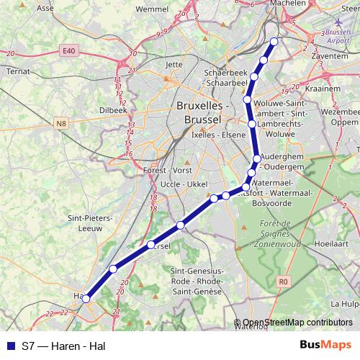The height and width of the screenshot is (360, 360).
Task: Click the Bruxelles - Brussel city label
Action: click(x=202, y=111)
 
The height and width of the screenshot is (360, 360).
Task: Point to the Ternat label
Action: click(x=17, y=71)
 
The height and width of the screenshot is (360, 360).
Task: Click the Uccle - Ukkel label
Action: click(x=183, y=184)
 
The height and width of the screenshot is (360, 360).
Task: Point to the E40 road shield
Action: click(x=69, y=50)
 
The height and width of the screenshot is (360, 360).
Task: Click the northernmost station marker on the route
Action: click(x=274, y=41)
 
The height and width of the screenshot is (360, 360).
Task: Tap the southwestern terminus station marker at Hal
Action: click(x=86, y=298)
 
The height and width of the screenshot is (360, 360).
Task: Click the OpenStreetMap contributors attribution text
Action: click(x=296, y=323)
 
